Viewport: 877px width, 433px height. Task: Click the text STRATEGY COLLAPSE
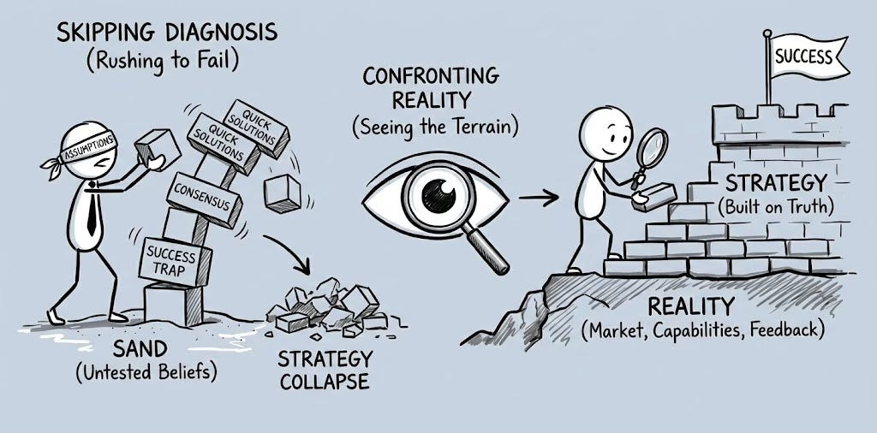point(325,369)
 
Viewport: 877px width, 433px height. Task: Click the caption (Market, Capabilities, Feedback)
point(702,330)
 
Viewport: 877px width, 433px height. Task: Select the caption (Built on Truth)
point(776,207)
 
